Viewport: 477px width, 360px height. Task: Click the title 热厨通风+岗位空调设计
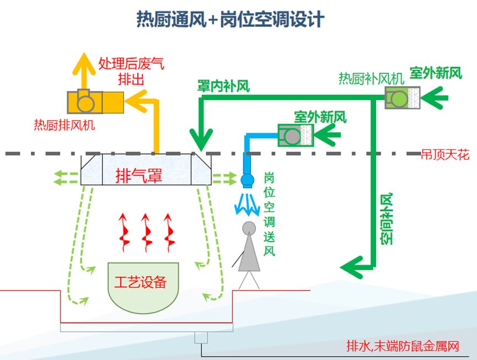pyautogui.click(x=231, y=20)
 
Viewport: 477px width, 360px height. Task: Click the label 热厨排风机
pyautogui.click(x=64, y=125)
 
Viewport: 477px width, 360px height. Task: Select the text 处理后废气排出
pyautogui.click(x=131, y=71)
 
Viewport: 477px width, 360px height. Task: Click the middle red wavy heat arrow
pyautogui.click(x=147, y=230)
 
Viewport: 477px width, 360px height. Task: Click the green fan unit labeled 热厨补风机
pyautogui.click(x=403, y=99)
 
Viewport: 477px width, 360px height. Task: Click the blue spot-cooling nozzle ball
pyautogui.click(x=247, y=180)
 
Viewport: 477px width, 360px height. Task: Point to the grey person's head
pyautogui.click(x=249, y=228)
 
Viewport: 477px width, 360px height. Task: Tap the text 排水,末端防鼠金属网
pyautogui.click(x=403, y=346)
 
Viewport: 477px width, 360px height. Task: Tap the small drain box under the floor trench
pyautogui.click(x=200, y=338)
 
